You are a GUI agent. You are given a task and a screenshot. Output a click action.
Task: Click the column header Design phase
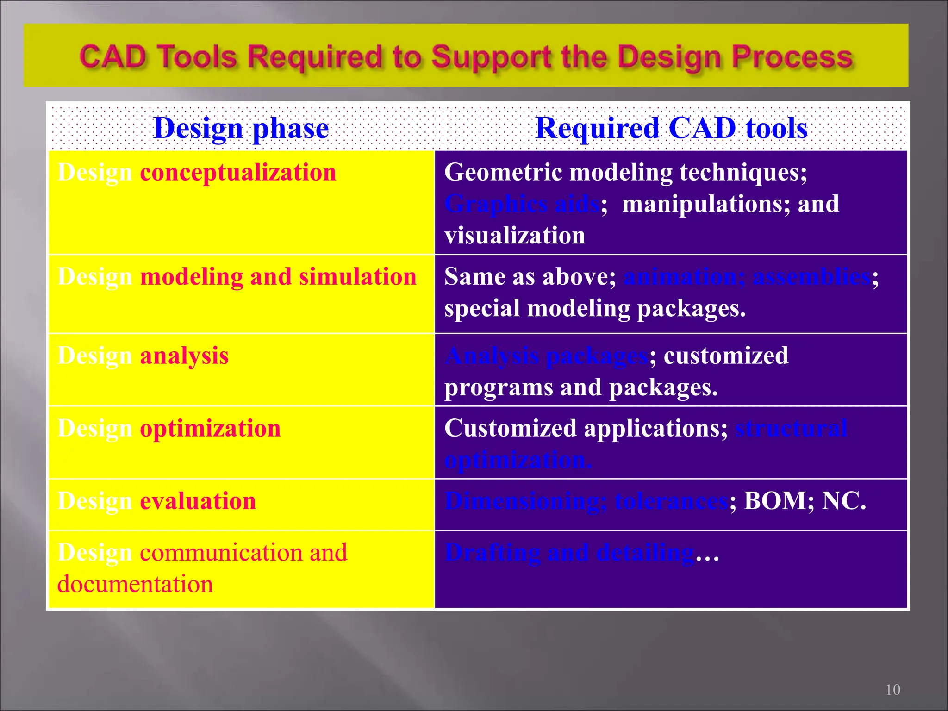(241, 128)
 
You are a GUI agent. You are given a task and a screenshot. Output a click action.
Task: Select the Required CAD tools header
(671, 128)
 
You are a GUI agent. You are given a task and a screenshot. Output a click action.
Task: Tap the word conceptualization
(238, 173)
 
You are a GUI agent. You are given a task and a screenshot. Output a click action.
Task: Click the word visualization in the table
(515, 236)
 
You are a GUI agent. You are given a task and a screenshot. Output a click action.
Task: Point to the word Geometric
(503, 173)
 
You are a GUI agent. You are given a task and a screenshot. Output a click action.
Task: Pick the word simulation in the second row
(357, 277)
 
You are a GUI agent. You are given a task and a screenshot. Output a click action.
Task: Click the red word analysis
(184, 356)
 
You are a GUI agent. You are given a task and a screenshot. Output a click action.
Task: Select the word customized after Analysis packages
(726, 356)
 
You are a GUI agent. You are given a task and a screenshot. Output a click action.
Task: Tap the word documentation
(135, 584)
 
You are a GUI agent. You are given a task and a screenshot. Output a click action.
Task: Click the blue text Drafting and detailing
(569, 553)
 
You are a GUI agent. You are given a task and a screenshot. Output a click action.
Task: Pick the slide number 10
(893, 690)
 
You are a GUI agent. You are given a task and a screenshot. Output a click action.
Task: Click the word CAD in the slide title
(112, 57)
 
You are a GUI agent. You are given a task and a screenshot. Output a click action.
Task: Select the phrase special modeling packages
(595, 309)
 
